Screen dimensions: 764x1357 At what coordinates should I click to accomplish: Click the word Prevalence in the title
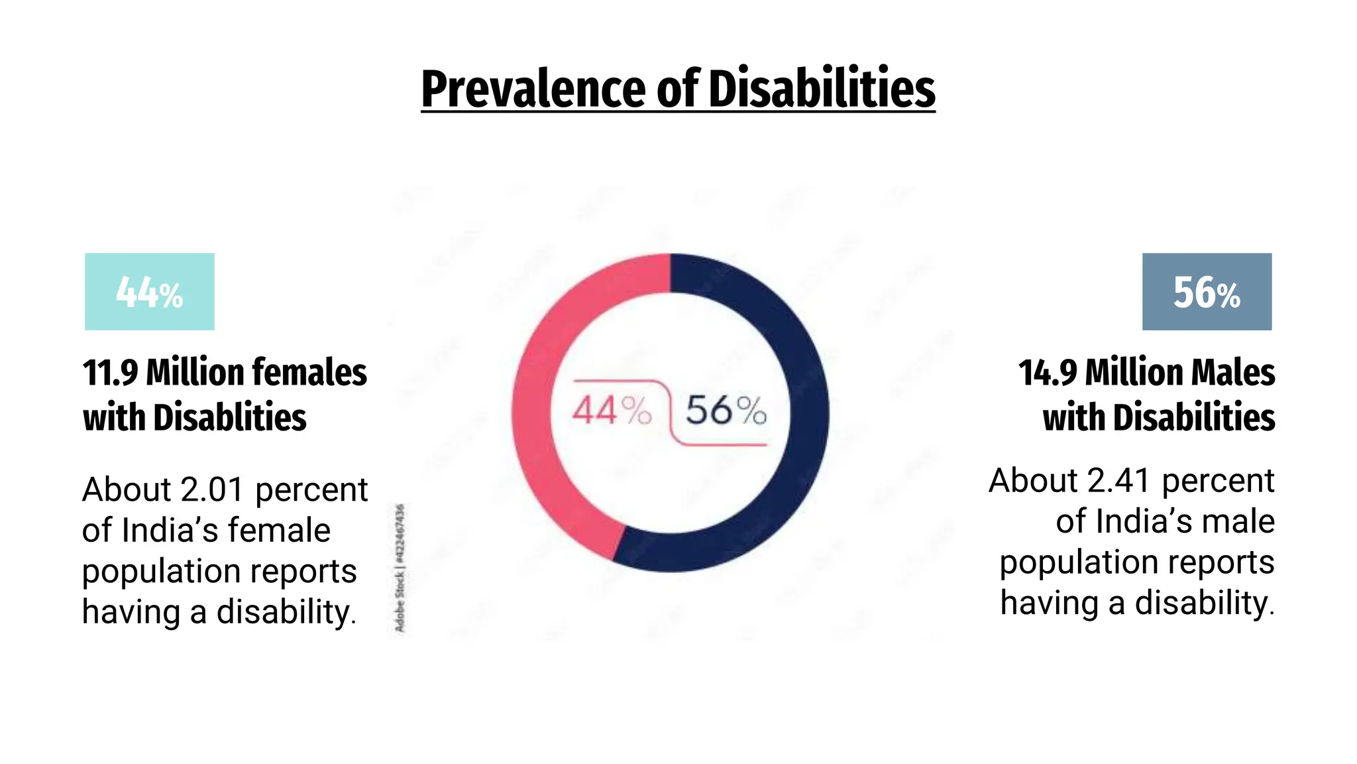click(x=533, y=90)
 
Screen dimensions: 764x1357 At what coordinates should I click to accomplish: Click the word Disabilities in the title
click(x=822, y=90)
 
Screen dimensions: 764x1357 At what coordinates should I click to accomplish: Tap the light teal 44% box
click(x=150, y=292)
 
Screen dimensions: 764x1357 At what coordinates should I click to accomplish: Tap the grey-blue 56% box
click(x=1207, y=292)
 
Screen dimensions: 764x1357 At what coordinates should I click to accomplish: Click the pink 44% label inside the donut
click(x=611, y=411)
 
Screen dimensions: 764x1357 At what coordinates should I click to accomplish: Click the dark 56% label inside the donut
click(x=726, y=411)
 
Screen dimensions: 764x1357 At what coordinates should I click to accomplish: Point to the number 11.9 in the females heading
click(x=110, y=372)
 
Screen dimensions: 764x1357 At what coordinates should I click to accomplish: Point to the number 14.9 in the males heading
click(x=1048, y=372)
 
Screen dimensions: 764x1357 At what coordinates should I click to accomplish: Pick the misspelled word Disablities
click(x=230, y=418)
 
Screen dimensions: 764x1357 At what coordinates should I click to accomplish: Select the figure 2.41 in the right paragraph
click(x=1120, y=481)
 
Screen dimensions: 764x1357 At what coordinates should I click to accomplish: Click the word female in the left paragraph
click(x=279, y=531)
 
